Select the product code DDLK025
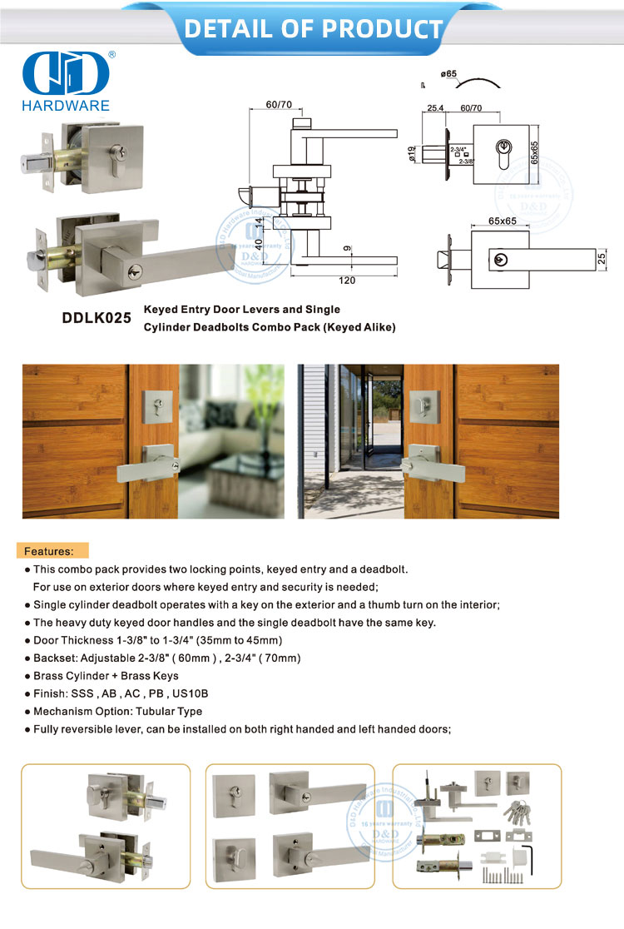point(97,317)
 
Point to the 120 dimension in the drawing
point(347,281)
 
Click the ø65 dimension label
point(449,74)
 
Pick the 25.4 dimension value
point(433,108)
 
